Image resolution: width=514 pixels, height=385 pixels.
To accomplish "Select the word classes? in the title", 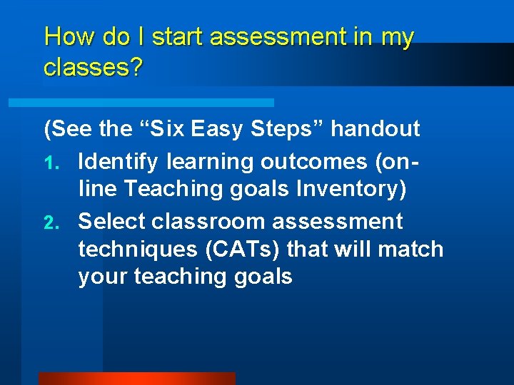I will (x=93, y=68).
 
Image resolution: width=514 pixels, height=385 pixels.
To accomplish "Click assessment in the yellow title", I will (x=284, y=37).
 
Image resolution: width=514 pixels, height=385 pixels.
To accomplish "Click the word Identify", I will (x=119, y=162).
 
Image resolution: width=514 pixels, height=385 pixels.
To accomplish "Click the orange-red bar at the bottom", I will (x=136, y=379).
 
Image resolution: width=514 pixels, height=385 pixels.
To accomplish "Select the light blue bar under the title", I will (x=141, y=103).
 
